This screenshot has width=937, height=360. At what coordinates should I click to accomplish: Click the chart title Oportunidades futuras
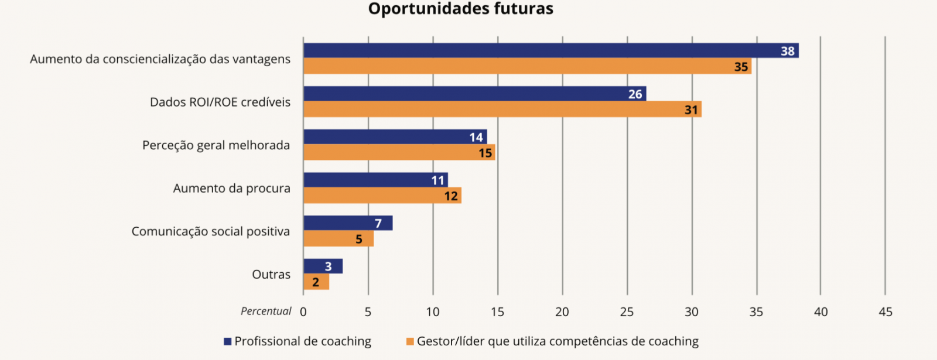(460, 9)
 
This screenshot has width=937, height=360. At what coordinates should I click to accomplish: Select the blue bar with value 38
(550, 51)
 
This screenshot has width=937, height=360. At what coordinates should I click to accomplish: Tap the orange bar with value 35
(527, 66)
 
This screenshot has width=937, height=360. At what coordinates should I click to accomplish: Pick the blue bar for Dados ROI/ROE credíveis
(474, 94)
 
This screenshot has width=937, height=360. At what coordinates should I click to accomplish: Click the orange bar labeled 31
(502, 109)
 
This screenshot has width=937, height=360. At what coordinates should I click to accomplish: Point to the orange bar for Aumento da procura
(382, 196)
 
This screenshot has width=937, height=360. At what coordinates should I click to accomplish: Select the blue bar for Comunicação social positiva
(348, 223)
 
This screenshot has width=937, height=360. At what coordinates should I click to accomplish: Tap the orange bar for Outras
(316, 282)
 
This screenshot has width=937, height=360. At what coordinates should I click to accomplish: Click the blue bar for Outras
(323, 266)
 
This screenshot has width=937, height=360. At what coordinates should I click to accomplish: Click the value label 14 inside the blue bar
(476, 137)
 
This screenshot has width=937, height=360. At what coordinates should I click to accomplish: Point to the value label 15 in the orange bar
(485, 153)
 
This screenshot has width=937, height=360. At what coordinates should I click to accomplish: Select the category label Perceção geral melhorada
(216, 145)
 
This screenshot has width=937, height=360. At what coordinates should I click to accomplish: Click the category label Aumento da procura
(231, 188)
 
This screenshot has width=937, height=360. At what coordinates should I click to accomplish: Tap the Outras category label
(271, 275)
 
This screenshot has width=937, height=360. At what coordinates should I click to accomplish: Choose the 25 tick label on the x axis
(627, 312)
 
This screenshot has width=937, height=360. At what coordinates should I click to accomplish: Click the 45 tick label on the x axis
(885, 312)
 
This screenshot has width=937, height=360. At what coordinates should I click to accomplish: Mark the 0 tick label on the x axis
(303, 312)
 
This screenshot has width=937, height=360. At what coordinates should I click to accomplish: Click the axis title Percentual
(266, 311)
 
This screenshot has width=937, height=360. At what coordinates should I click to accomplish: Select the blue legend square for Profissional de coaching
(228, 341)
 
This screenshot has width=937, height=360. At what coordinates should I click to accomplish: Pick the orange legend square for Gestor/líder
(410, 341)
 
